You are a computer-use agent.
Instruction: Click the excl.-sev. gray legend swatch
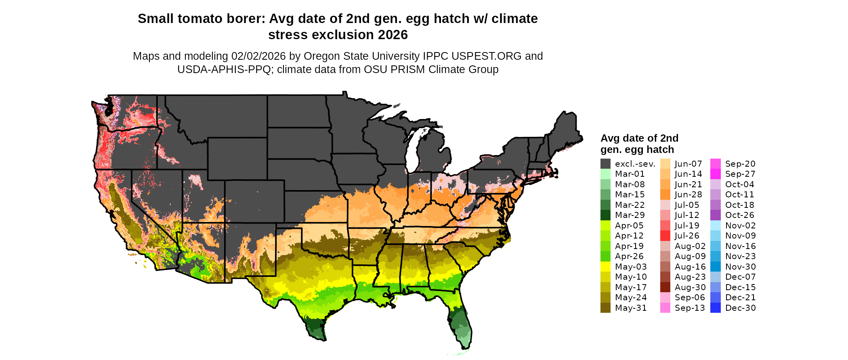pos(605,164)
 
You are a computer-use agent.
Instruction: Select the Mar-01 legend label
pos(630,174)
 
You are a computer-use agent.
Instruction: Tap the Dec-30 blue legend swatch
pos(715,308)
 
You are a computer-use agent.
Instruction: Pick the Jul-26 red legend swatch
pos(665,236)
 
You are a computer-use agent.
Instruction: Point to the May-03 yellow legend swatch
pos(605,267)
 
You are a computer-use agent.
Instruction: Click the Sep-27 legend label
pos(740,174)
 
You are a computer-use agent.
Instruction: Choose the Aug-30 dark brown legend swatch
pos(665,287)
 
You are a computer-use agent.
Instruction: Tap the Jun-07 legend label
pos(688,164)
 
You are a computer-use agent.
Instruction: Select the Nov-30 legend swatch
pos(715,267)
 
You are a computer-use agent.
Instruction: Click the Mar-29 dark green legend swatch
pos(605,215)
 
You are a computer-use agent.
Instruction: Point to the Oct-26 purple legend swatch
pos(715,215)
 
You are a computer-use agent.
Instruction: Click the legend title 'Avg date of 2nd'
pos(639,138)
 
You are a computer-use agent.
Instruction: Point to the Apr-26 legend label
pos(629,256)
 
